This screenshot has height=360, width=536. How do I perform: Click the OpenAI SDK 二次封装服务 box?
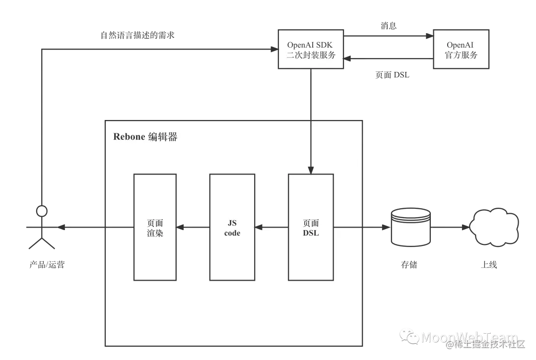[311, 50]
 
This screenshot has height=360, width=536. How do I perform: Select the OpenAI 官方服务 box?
[461, 50]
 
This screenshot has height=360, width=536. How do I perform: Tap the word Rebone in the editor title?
[129, 137]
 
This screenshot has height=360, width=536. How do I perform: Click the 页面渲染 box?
[155, 227]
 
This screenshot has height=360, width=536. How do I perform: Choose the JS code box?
[232, 227]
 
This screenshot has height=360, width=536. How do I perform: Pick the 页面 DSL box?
[311, 227]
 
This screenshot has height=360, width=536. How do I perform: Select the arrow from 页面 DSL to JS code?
[272, 228]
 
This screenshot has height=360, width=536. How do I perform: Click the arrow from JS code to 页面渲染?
[193, 228]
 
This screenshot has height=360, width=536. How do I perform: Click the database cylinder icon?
[410, 227]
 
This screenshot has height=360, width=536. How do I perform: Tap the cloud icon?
[494, 227]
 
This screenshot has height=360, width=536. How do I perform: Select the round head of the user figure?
[42, 212]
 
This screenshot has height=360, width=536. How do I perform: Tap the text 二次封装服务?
[311, 55]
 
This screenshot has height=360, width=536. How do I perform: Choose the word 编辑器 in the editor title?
[163, 137]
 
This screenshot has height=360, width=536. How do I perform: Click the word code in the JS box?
[232, 233]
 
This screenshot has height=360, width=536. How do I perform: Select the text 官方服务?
[461, 55]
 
